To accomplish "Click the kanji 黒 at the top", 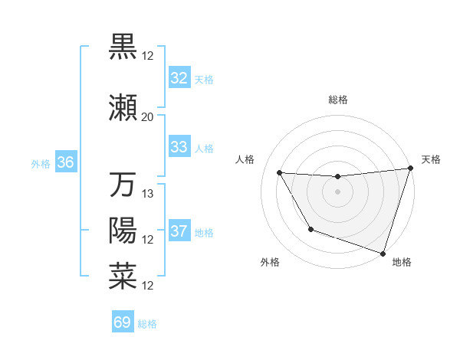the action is [x=123, y=46].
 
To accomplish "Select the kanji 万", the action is [x=123, y=185].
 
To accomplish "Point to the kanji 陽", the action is [x=123, y=231].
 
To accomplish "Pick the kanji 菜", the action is [x=123, y=276].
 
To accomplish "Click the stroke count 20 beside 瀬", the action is [x=147, y=117].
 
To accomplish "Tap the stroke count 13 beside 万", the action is [x=149, y=194].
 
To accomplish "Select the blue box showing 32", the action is [x=179, y=78].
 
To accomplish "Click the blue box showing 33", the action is [x=179, y=147].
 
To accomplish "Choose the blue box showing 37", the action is [x=179, y=231].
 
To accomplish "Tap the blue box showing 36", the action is [x=65, y=162].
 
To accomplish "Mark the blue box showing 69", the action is [x=123, y=322].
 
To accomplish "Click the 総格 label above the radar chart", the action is [x=338, y=100].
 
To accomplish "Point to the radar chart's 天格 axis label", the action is [x=431, y=159].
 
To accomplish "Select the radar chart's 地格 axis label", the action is [x=402, y=262].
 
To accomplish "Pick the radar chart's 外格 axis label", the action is [x=270, y=262].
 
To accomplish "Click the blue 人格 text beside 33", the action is [x=204, y=148].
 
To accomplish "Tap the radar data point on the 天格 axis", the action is [x=410, y=169].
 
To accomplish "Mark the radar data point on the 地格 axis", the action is [x=383, y=252].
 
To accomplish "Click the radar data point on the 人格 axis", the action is [x=280, y=173].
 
